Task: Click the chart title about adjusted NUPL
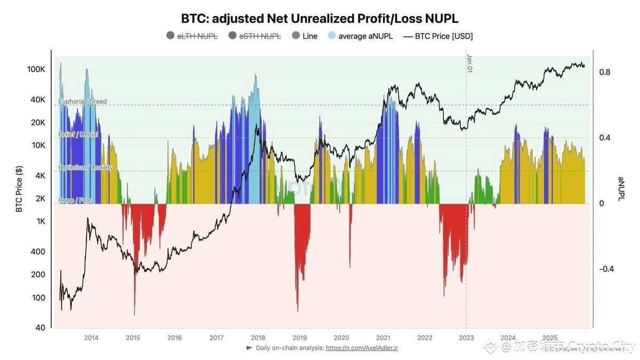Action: (x=320, y=19)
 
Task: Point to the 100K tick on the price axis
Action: (x=36, y=70)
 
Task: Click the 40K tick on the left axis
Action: (x=38, y=100)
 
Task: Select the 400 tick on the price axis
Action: (x=39, y=252)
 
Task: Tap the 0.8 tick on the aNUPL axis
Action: (x=604, y=72)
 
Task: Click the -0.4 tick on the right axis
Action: (x=606, y=269)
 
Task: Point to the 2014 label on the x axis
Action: (x=91, y=338)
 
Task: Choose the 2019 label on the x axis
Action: (x=300, y=338)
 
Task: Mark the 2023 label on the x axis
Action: (x=466, y=338)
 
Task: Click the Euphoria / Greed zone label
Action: (x=83, y=101)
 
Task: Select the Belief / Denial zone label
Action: (x=78, y=134)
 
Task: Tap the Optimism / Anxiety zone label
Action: (x=85, y=167)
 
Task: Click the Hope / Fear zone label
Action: (x=75, y=200)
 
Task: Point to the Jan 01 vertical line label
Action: (x=470, y=63)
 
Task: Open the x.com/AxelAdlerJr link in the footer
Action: (x=362, y=348)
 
